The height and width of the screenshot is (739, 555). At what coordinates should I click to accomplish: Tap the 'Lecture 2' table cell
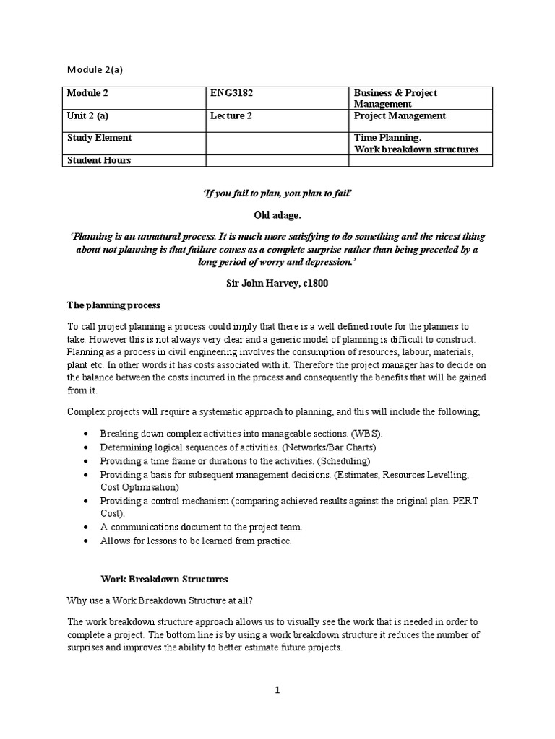point(231,116)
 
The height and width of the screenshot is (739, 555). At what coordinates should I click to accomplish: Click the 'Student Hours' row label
point(99,160)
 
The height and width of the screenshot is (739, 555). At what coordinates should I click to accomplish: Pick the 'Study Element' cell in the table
point(99,138)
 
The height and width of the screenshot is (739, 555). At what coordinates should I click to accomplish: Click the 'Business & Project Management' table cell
point(395,98)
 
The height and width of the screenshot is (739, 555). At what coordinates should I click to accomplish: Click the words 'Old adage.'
point(277,216)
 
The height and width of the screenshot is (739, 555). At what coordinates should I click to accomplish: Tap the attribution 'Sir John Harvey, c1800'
point(277,284)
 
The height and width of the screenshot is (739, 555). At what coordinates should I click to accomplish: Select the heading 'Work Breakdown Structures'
point(164,579)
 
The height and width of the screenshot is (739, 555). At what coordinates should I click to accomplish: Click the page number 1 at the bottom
point(277,690)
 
